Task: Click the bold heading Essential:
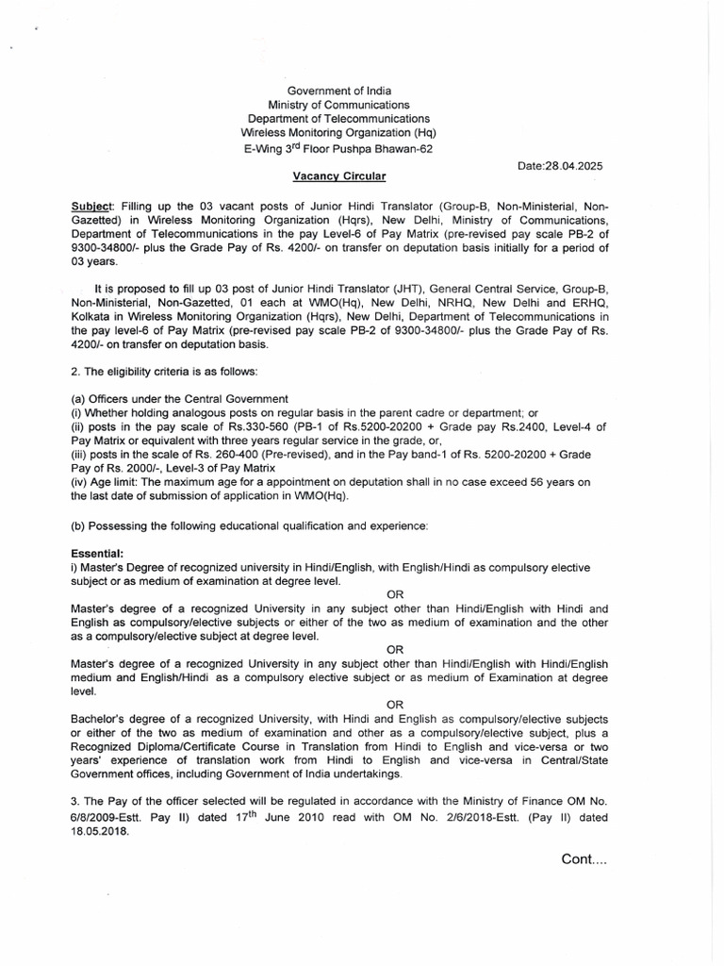(x=98, y=554)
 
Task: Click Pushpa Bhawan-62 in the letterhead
(x=391, y=150)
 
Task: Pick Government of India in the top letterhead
(x=338, y=90)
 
